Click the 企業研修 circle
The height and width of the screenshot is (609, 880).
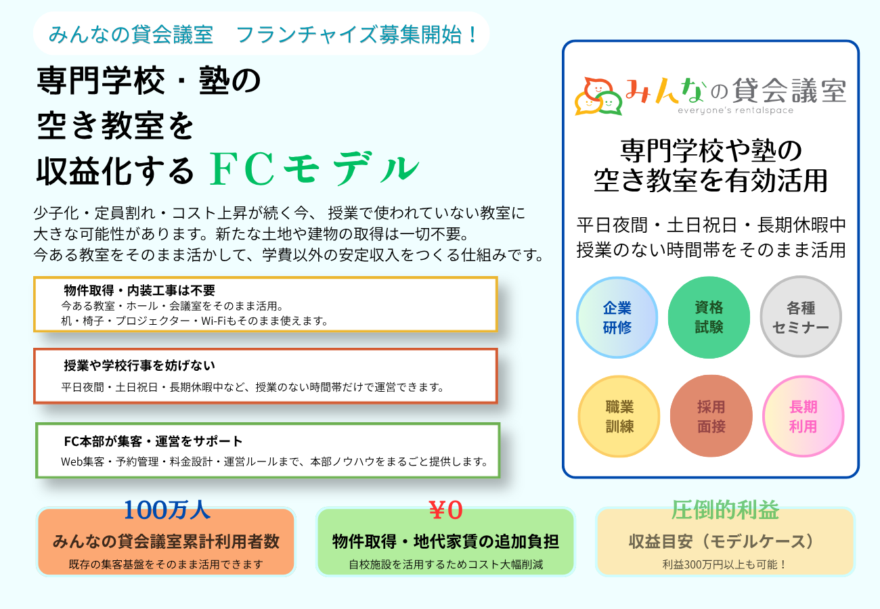(x=617, y=317)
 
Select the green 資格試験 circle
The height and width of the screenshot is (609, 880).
(x=709, y=317)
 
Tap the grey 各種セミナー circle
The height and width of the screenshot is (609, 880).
(x=801, y=317)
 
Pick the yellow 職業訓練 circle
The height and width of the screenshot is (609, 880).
(x=619, y=416)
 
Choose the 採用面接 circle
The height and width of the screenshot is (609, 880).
(x=711, y=416)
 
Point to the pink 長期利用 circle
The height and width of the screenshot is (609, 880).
(x=803, y=416)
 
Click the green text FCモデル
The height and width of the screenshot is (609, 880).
(x=314, y=169)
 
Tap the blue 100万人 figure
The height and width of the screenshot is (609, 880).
(x=167, y=510)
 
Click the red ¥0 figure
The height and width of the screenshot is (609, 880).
(x=445, y=510)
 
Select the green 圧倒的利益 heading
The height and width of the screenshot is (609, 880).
(x=725, y=510)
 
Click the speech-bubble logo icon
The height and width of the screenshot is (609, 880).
(x=598, y=97)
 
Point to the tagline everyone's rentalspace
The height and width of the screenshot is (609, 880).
(x=735, y=111)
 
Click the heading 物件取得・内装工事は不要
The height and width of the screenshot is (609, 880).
(x=139, y=290)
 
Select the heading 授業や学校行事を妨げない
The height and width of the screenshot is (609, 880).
(x=139, y=365)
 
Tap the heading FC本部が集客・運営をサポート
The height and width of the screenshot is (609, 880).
(x=153, y=441)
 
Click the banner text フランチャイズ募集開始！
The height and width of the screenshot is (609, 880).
(x=357, y=35)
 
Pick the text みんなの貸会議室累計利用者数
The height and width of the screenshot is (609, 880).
(x=166, y=541)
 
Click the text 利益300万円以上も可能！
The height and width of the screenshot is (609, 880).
(x=725, y=564)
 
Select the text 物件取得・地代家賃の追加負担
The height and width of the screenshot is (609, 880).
(x=445, y=541)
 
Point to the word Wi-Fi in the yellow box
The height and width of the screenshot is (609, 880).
(x=213, y=321)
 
